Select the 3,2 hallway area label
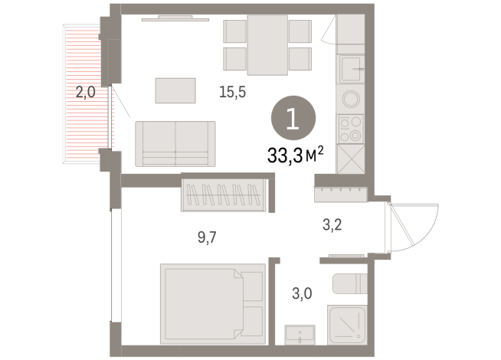click(x=331, y=225)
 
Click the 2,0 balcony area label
click(x=84, y=93)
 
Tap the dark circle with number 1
click(x=293, y=119)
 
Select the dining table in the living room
click(x=267, y=44)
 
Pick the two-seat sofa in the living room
click(x=175, y=142)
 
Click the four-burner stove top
click(x=353, y=128)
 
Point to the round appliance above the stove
click(x=353, y=100)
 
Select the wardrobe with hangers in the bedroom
click(x=226, y=195)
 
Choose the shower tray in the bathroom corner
click(x=349, y=326)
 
